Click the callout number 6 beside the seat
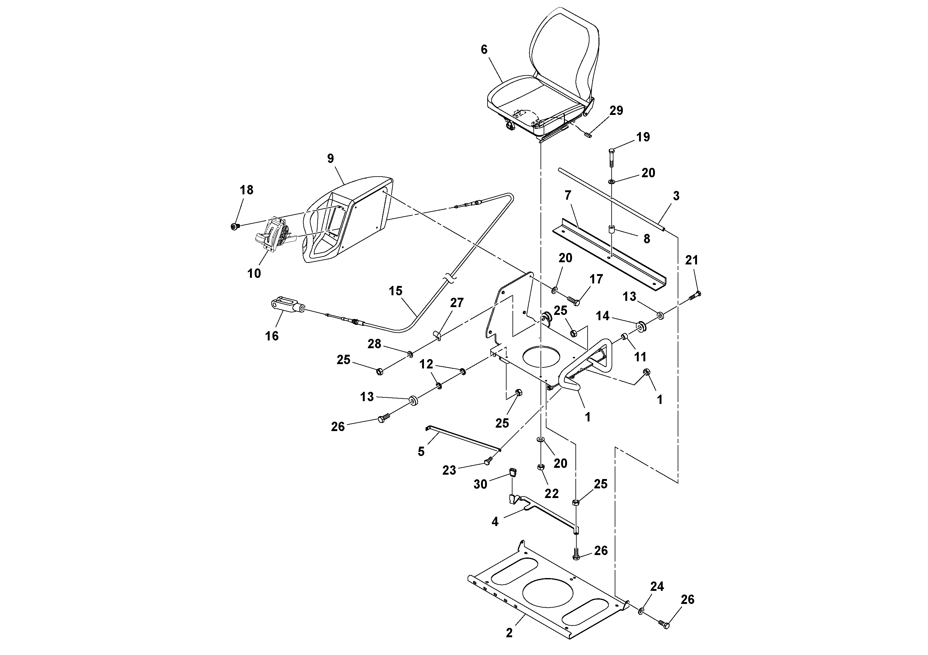click(x=484, y=50)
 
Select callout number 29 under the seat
click(x=616, y=111)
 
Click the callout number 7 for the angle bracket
click(x=568, y=196)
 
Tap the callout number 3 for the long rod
click(x=676, y=196)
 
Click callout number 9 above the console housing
click(x=331, y=159)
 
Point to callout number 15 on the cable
click(x=396, y=291)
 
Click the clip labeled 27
click(x=438, y=335)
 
